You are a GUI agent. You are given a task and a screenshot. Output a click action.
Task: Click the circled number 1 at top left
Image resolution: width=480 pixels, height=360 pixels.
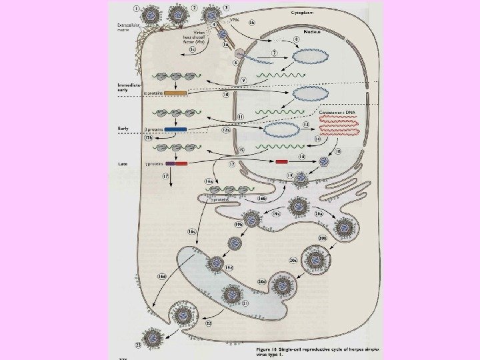[x=137, y=9]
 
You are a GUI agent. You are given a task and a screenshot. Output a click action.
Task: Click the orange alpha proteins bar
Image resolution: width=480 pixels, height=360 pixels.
[x=175, y=93]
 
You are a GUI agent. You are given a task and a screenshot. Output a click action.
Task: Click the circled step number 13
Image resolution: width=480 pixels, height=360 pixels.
[x=305, y=125]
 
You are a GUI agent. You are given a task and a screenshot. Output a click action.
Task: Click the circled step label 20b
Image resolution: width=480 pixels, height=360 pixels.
[x=323, y=237]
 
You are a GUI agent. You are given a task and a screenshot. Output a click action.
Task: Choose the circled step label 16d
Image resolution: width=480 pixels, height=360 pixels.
[x=161, y=275]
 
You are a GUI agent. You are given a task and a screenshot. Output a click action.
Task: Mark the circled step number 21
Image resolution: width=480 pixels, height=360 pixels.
[x=245, y=303]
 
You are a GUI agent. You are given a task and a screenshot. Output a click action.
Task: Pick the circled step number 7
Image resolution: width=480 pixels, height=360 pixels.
[x=273, y=52]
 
